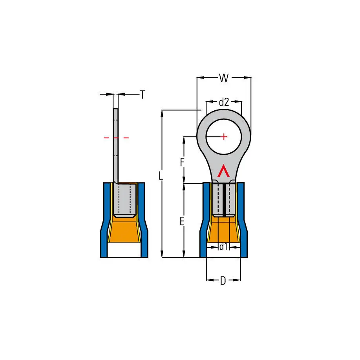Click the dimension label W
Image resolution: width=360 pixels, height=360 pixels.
(224, 78)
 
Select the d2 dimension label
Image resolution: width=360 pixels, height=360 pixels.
(224, 102)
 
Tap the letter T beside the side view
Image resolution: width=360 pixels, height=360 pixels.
(143, 95)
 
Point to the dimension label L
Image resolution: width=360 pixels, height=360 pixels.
(161, 176)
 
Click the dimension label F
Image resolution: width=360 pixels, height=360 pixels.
(182, 162)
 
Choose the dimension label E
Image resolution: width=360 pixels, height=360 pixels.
(182, 222)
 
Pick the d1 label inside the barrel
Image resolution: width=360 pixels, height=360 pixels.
(223, 247)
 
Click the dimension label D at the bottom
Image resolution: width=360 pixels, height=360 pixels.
(223, 281)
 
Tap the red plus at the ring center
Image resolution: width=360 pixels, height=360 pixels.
(224, 137)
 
